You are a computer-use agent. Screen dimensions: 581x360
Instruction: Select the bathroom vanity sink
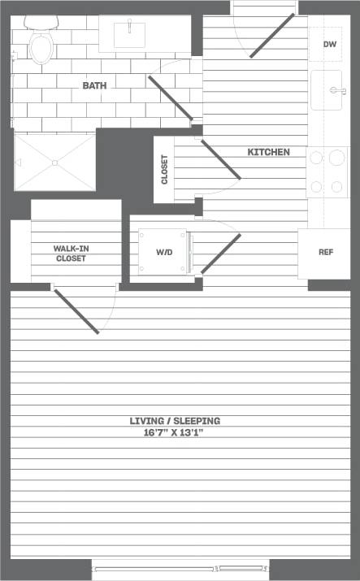point(128,34)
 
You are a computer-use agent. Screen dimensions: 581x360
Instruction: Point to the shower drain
point(54,163)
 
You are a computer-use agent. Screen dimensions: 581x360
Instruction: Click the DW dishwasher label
point(329,45)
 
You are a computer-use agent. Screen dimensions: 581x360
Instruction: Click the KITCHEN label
point(269,152)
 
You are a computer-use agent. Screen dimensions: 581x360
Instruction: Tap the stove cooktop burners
point(327,172)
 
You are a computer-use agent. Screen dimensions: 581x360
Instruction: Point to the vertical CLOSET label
point(164,170)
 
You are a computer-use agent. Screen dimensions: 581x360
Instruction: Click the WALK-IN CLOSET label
point(71,254)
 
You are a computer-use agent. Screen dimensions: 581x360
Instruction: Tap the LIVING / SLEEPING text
point(175,421)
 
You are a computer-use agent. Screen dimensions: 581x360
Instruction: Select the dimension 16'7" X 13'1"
point(175,433)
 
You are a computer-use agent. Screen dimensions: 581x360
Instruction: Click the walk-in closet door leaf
point(76,310)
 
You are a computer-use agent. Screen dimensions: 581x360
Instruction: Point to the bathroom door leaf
point(170,98)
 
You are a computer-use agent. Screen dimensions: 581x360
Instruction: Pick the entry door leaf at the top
point(271,36)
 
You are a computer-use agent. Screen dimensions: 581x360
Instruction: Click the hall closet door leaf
point(220,158)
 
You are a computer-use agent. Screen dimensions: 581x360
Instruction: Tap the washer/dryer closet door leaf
point(221,253)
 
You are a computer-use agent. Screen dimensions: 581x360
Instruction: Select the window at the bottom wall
point(180,569)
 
